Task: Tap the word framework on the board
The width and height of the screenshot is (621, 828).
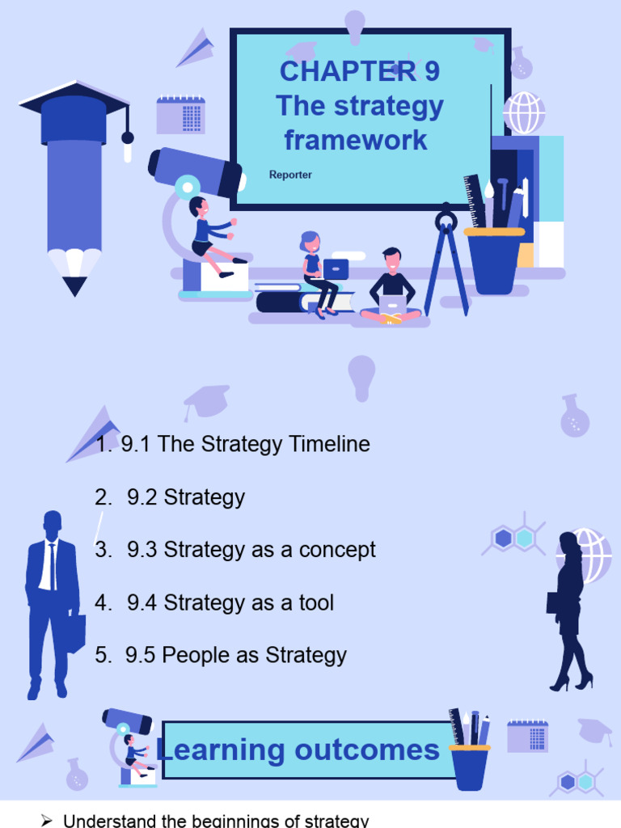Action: pyautogui.click(x=356, y=140)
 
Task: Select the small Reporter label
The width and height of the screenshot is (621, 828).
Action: pyautogui.click(x=290, y=175)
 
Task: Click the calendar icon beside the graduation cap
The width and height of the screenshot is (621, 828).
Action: pyautogui.click(x=180, y=115)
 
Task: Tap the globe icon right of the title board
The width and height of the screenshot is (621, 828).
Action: pyautogui.click(x=524, y=112)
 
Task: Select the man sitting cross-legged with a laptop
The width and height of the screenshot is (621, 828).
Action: pyautogui.click(x=391, y=287)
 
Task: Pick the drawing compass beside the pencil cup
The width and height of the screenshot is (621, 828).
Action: pyautogui.click(x=446, y=259)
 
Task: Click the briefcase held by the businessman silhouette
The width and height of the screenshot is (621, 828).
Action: pyautogui.click(x=75, y=633)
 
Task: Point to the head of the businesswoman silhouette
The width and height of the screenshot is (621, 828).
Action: pyautogui.click(x=568, y=542)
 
